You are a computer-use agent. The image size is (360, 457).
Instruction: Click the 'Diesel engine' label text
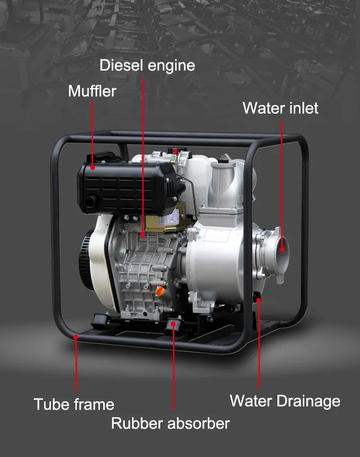(x=147, y=66)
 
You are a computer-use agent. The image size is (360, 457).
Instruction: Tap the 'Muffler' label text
(x=92, y=91)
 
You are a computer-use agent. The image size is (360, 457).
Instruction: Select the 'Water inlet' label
(x=280, y=108)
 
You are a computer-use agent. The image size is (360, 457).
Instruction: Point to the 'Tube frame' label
(x=74, y=404)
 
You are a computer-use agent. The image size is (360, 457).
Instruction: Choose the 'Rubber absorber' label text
(x=170, y=423)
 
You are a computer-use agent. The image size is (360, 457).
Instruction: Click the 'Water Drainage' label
(x=285, y=401)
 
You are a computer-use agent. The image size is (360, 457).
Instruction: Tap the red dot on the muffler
(x=93, y=168)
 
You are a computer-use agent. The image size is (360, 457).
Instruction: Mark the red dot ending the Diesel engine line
(x=143, y=235)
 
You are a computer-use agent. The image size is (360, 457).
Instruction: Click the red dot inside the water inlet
(x=282, y=249)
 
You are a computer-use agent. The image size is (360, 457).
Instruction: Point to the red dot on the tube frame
(x=76, y=337)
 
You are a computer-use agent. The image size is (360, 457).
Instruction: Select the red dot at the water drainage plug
(x=259, y=301)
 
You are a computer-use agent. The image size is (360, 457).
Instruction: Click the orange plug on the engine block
(x=159, y=291)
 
